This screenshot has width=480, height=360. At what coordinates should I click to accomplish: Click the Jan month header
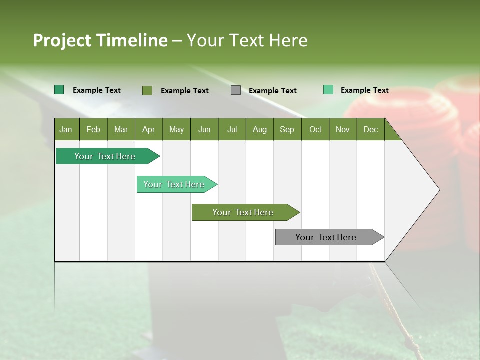coord(66,129)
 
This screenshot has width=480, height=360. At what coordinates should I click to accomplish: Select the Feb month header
coord(93,129)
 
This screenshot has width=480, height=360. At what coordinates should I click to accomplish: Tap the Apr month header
coord(148,129)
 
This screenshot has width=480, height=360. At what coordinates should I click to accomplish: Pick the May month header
coord(176,129)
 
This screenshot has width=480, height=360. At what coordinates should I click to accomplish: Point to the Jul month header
coord(232,129)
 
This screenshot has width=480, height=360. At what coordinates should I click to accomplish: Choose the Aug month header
coord(259,129)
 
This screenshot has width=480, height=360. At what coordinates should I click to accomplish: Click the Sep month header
coord(287,129)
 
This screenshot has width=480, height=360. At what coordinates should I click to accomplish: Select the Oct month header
coord(315,129)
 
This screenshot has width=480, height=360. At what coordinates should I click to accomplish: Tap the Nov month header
coord(343,129)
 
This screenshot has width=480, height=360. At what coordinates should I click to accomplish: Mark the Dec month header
coord(370,129)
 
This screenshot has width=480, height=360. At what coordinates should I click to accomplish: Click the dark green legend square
coord(59,90)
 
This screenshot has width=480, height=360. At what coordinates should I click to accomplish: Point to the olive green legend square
coord(147,90)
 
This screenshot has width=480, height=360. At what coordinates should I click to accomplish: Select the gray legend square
coord(236,90)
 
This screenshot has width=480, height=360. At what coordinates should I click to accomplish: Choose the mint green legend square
coord(328,90)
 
